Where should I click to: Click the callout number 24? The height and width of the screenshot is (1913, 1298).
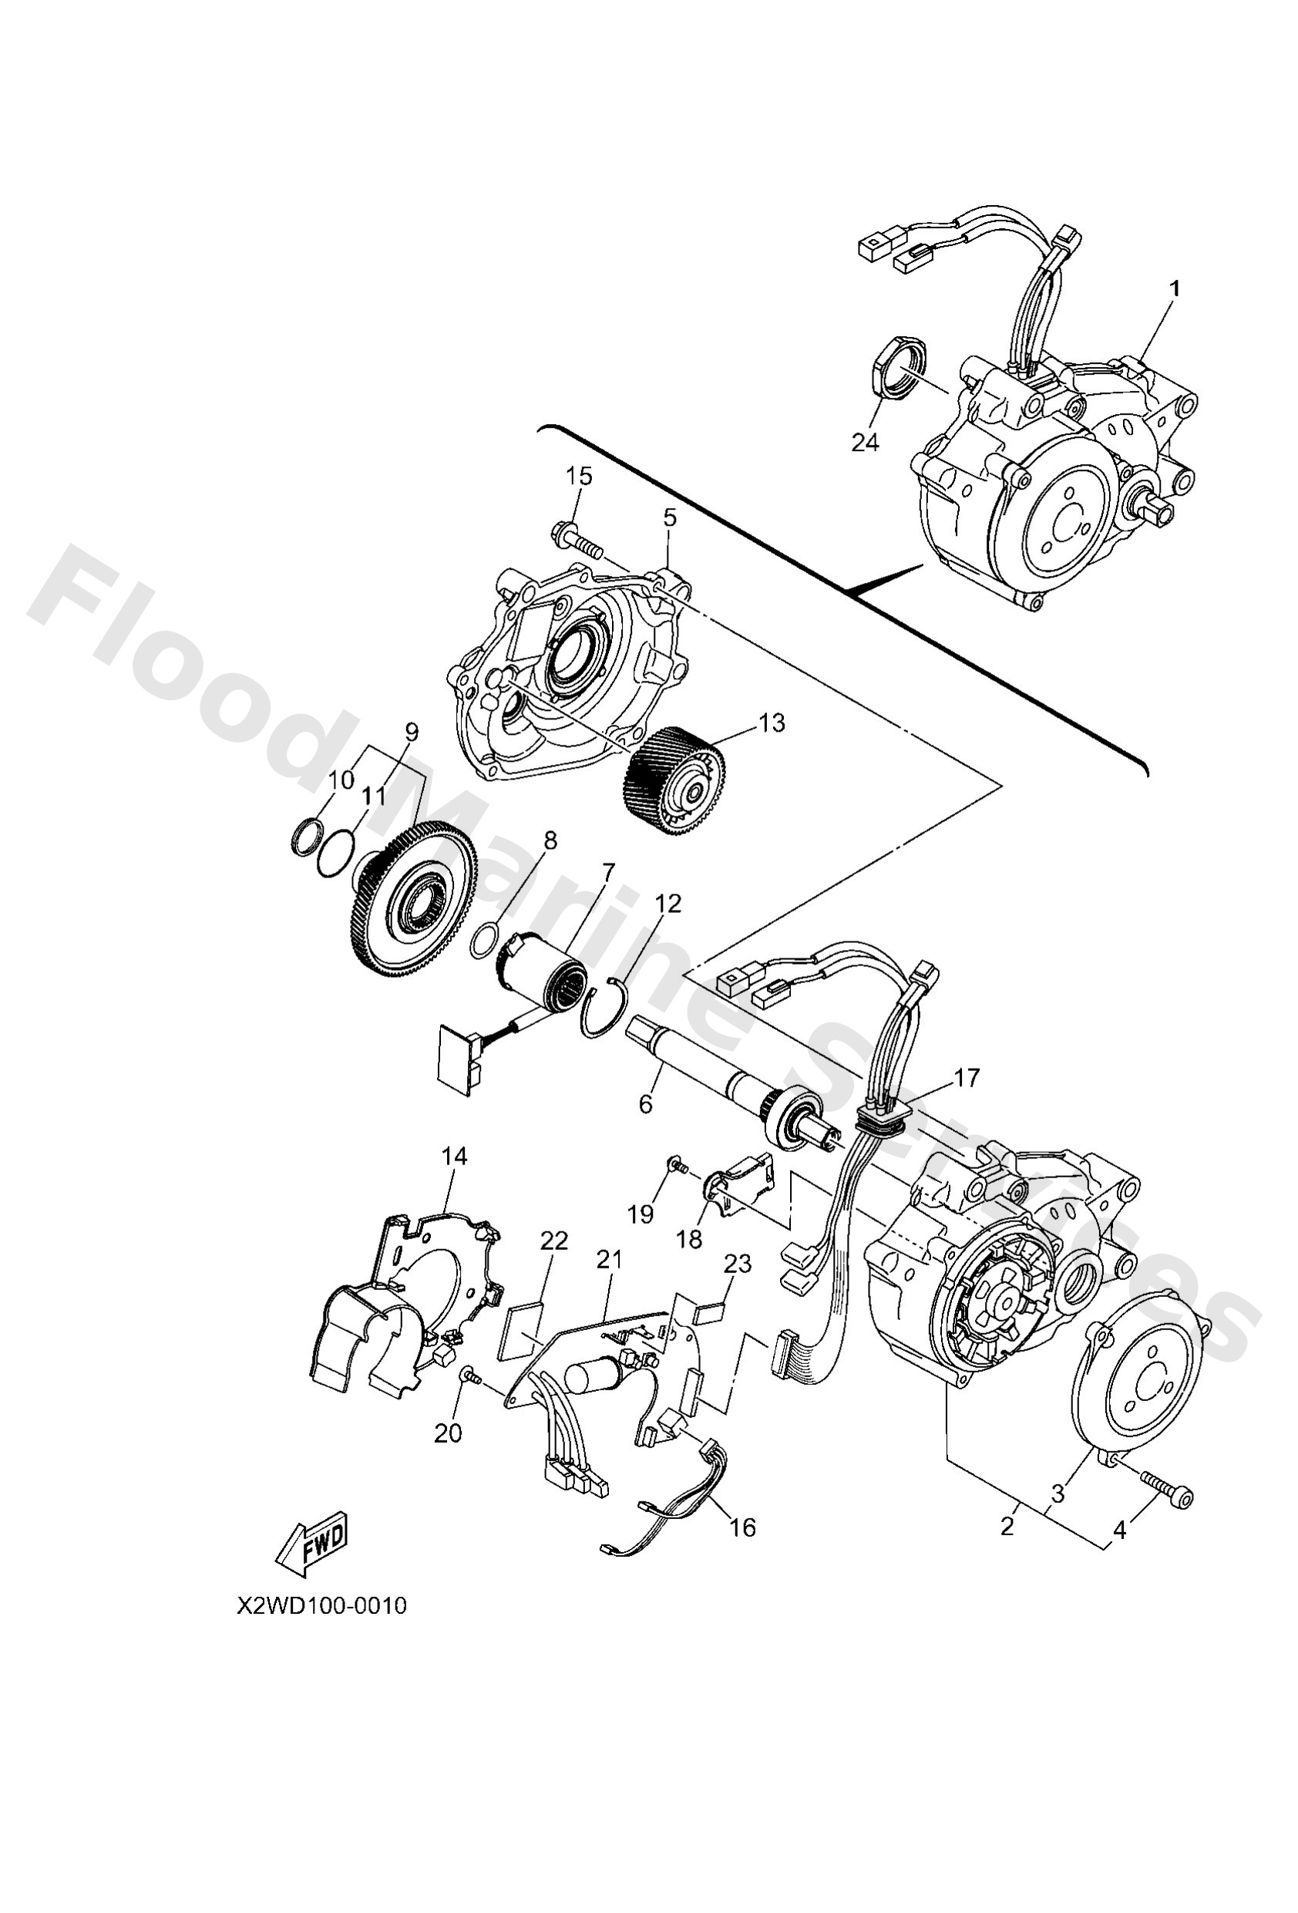pos(865,443)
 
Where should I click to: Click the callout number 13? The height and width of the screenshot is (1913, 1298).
pos(772,722)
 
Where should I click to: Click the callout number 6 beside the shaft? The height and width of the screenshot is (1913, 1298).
pos(645,1105)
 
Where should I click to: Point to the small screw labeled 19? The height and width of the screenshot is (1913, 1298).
pos(677,1165)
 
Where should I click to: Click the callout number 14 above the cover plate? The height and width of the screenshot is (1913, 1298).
pos(453,1157)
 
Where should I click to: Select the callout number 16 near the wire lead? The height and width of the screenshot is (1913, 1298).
pos(741,1527)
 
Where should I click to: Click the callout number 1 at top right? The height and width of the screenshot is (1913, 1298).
pos(1175,289)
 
